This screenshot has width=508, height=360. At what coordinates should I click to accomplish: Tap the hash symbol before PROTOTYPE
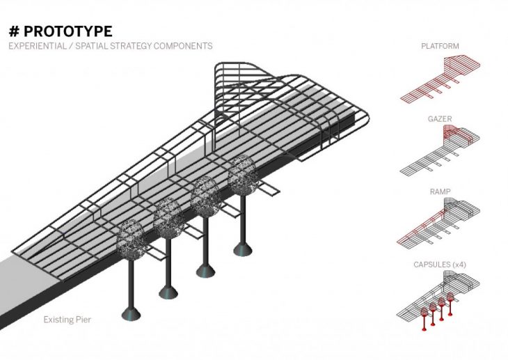pyautogui.click(x=13, y=32)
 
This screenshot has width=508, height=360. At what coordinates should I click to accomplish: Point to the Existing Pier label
pyautogui.click(x=67, y=320)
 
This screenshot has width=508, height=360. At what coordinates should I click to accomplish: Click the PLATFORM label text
pyautogui.click(x=440, y=47)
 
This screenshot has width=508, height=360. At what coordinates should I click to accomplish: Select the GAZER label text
pyautogui.click(x=440, y=119)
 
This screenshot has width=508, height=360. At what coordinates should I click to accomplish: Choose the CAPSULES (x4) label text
pyautogui.click(x=440, y=265)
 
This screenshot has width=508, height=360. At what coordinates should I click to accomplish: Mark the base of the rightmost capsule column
pyautogui.click(x=243, y=249)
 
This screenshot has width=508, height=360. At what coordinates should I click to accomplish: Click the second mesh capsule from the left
pyautogui.click(x=168, y=217)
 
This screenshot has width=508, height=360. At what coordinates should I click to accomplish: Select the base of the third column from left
pyautogui.click(x=205, y=269)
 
